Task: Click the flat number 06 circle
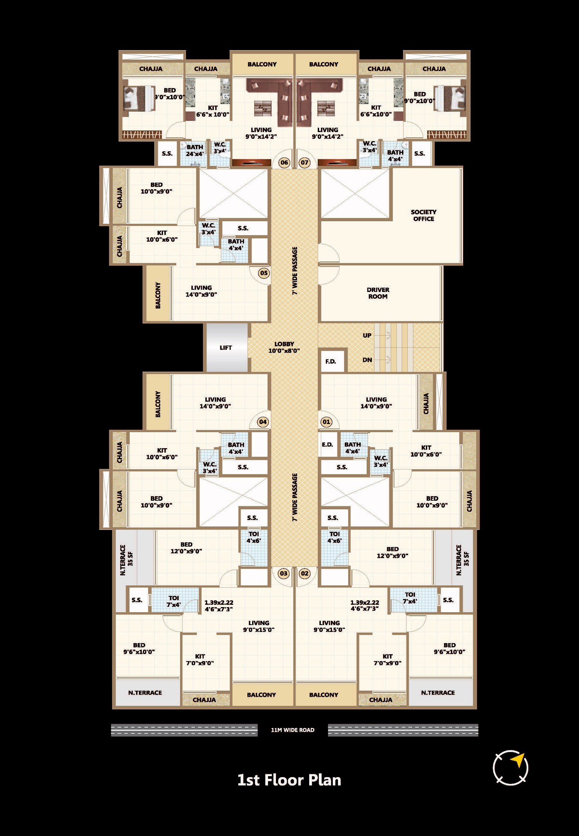284,162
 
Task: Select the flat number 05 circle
264,273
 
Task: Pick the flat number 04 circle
263,422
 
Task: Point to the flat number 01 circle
326,422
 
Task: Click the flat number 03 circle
284,573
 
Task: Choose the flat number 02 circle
305,573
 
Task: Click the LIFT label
226,348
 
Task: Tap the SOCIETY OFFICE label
423,215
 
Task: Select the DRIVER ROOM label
378,293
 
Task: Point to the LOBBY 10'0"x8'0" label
284,347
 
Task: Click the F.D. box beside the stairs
331,361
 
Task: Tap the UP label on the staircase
367,335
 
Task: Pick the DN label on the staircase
367,360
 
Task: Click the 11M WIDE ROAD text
293,730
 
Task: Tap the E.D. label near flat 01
327,444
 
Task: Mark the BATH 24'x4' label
195,150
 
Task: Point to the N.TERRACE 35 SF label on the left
126,560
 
